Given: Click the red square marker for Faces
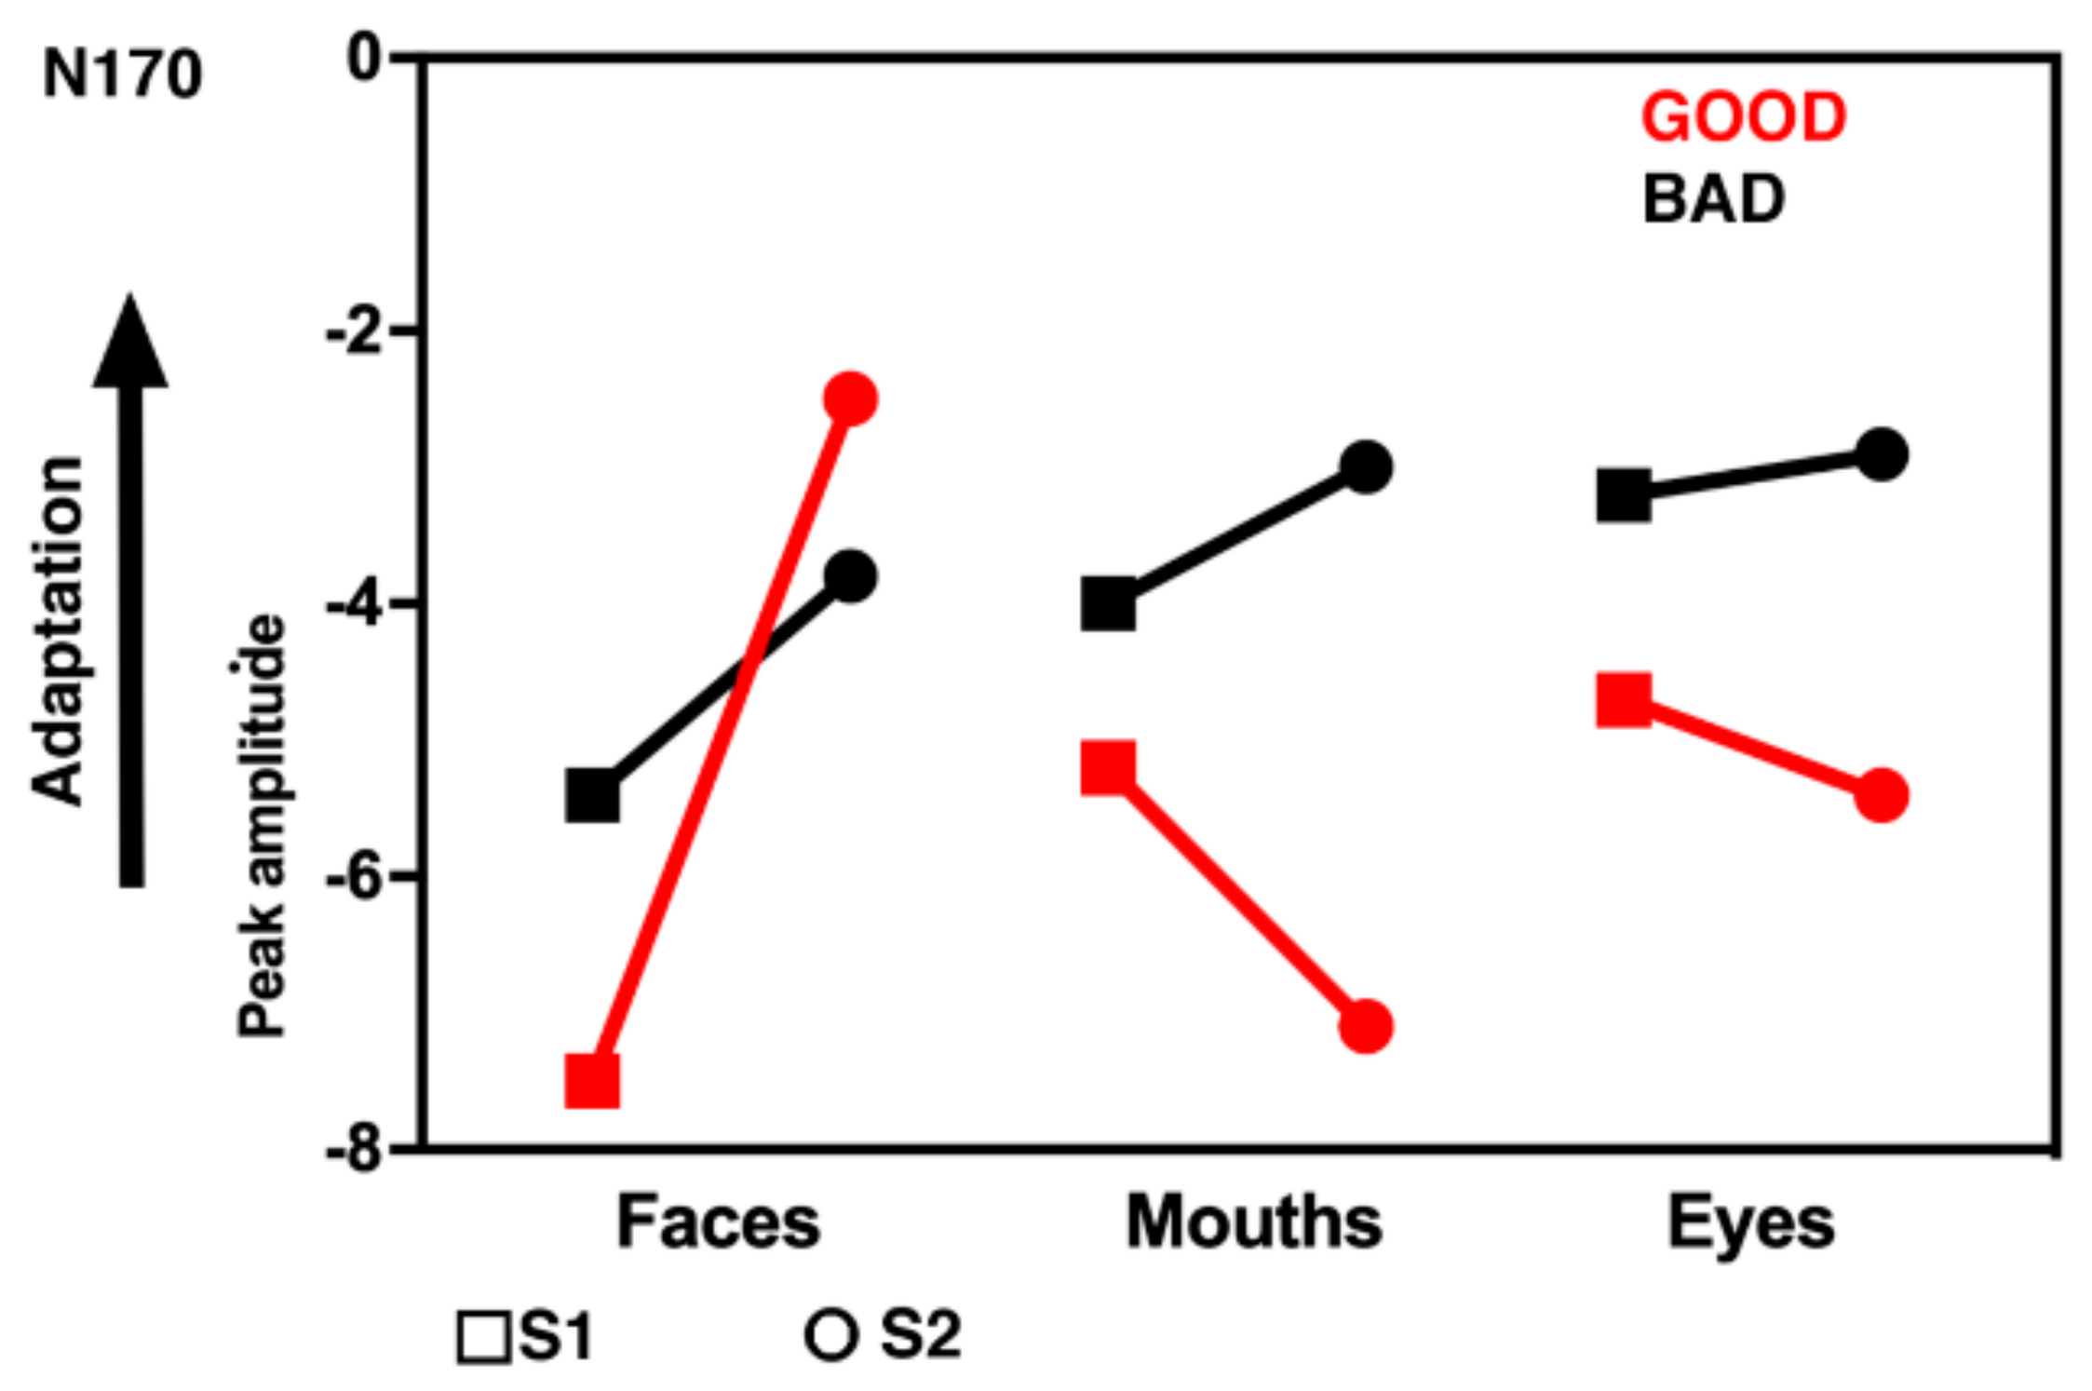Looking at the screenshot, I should (592, 1081).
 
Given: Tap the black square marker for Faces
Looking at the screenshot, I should (592, 796).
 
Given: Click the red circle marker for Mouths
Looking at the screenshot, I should (1365, 1027).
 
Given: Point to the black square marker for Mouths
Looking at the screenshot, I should (1108, 604).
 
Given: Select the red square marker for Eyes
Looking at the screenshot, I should (1624, 699).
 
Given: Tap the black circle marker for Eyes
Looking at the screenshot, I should (1882, 454).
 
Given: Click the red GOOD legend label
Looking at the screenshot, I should (1743, 118).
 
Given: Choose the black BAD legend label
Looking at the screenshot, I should (1713, 199).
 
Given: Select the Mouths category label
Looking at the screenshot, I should (1253, 1222).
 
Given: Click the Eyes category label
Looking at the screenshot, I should (1750, 1222).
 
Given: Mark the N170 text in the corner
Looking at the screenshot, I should (122, 74).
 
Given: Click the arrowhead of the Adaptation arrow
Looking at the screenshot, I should (130, 344).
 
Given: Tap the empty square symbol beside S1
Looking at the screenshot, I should (484, 1338).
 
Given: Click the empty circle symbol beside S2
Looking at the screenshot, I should (830, 1336).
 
